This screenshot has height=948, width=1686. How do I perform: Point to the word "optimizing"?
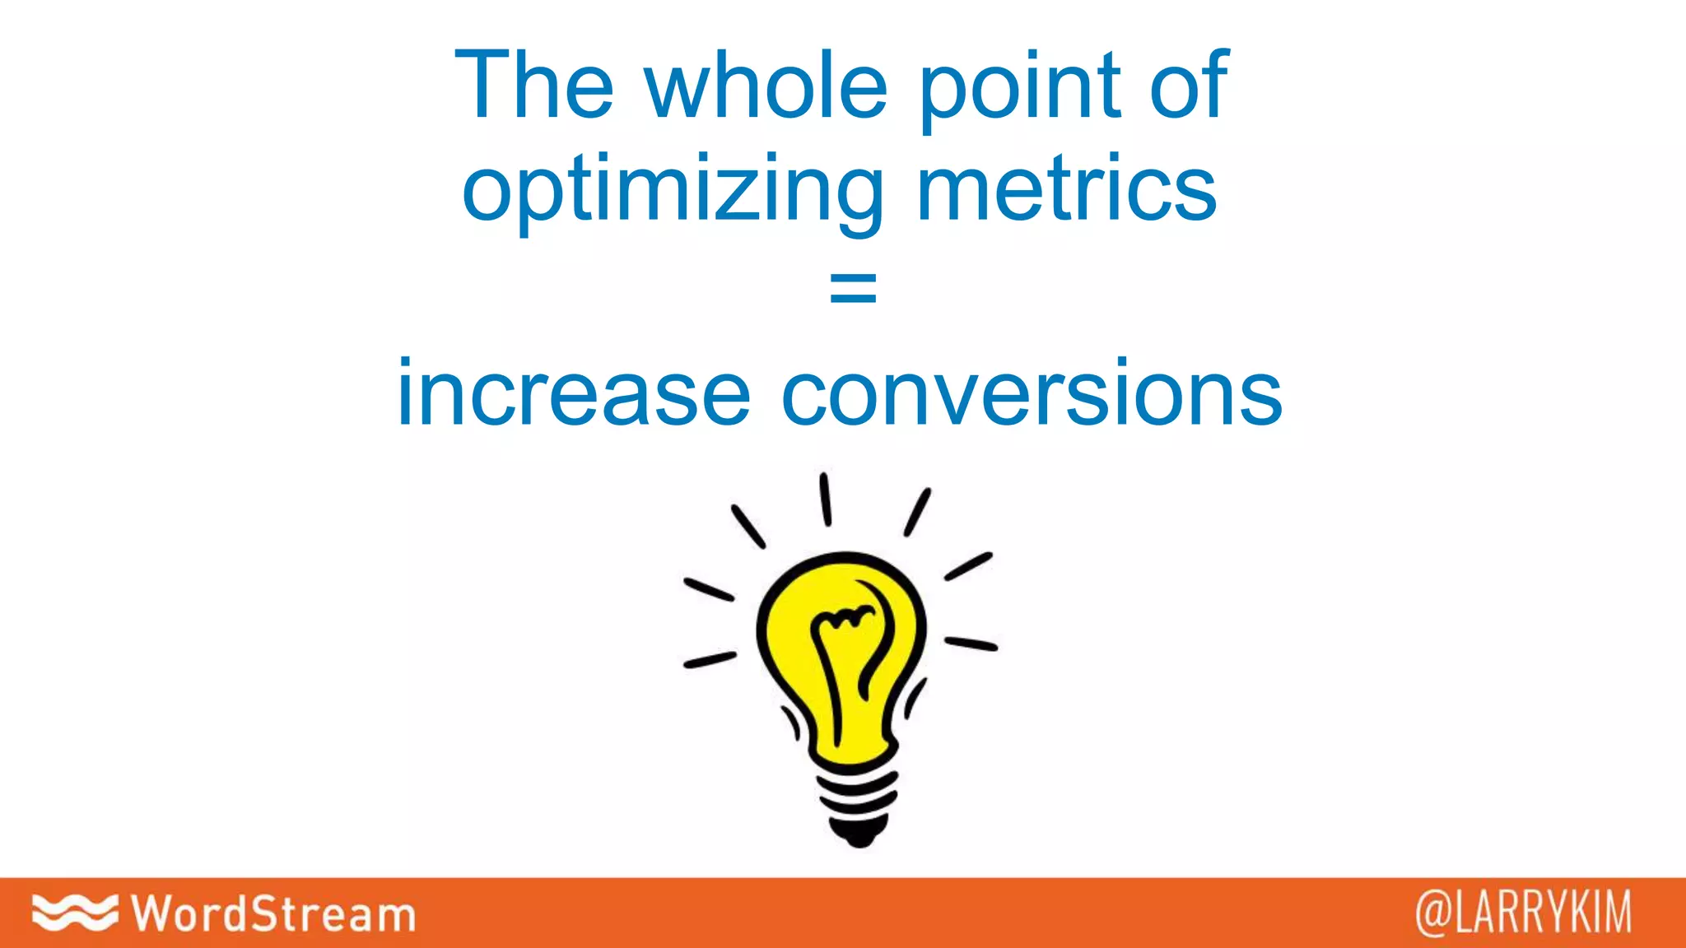(673, 191)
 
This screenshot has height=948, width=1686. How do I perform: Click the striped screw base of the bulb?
(856, 794)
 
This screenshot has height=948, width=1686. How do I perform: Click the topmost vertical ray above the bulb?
(825, 499)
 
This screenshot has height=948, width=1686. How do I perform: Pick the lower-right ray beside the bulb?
(971, 643)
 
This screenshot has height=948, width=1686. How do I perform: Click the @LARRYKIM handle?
(1523, 913)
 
